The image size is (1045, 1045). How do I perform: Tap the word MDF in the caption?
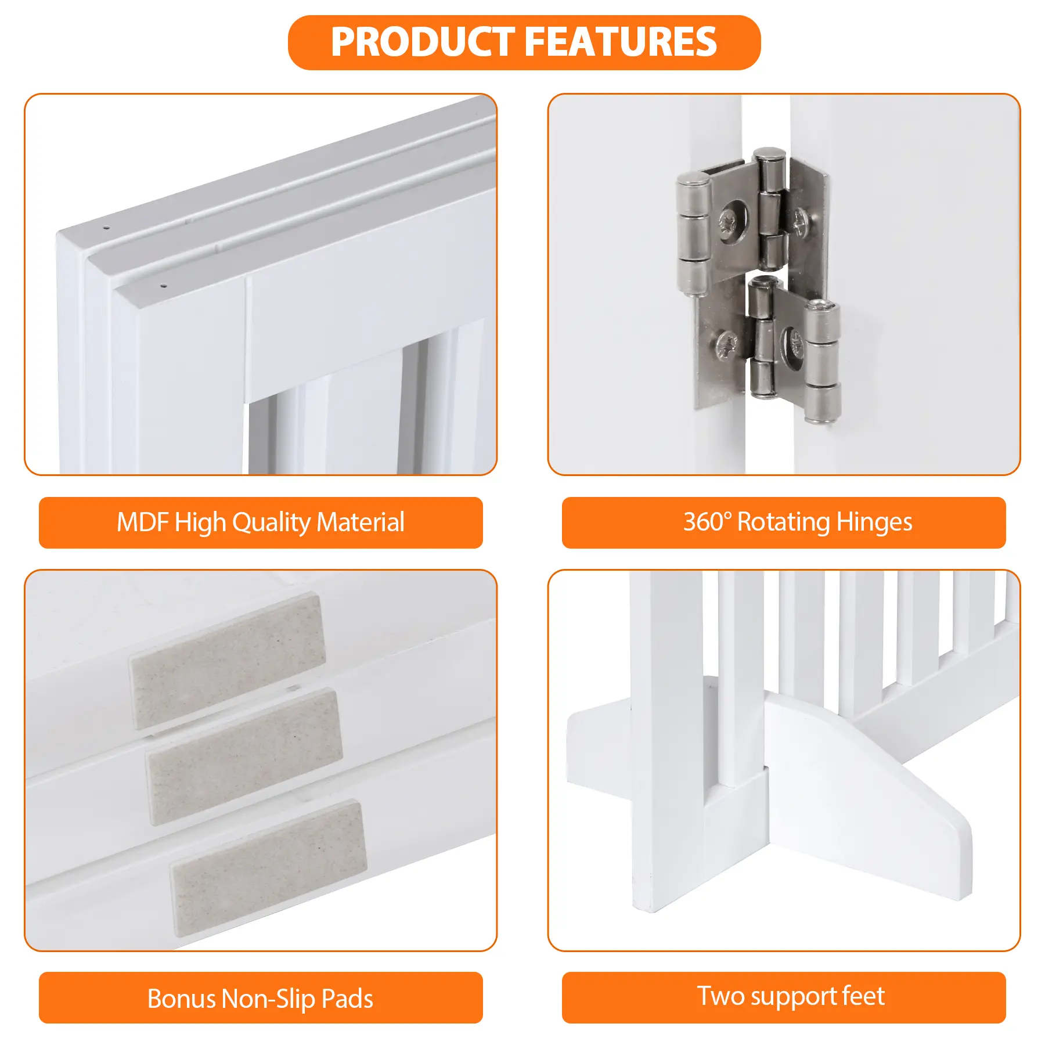click(x=142, y=522)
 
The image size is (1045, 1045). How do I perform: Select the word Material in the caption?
click(x=361, y=522)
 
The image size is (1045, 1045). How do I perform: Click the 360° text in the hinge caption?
click(x=707, y=521)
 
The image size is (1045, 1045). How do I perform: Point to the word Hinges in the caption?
click(x=874, y=522)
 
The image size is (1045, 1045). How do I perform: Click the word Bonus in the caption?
click(x=181, y=999)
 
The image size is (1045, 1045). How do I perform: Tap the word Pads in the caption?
click(x=347, y=999)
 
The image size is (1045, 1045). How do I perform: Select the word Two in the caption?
click(x=720, y=996)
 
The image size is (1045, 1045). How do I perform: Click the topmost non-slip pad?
click(x=227, y=661)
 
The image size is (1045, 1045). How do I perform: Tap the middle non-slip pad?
click(x=244, y=756)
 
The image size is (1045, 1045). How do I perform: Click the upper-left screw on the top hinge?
click(x=727, y=223)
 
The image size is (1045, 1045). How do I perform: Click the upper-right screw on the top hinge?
click(x=801, y=221)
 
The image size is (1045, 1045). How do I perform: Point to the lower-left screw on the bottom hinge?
click(x=726, y=345)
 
